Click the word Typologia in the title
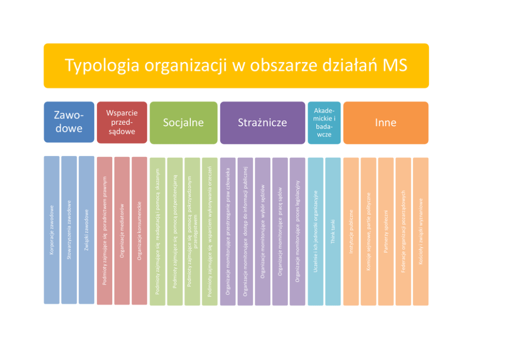tap(102, 66)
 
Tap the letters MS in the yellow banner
tap(395, 65)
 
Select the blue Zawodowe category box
tap(69, 122)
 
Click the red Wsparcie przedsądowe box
tap(122, 122)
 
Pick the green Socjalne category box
tap(183, 123)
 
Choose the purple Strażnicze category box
tap(262, 123)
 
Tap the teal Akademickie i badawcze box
tap(324, 123)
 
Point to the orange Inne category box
tap(386, 123)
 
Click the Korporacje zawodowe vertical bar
tap(52, 230)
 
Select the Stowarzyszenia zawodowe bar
tap(69, 230)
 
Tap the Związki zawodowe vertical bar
tap(86, 230)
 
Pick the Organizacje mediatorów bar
tap(122, 231)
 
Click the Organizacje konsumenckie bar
tap(139, 231)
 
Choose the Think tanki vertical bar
tap(332, 231)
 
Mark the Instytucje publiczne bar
tap(351, 231)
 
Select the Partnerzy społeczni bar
tap(386, 231)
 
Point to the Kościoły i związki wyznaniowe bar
tap(421, 231)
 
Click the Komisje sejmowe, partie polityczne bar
tap(368, 231)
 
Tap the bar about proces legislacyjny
tap(298, 231)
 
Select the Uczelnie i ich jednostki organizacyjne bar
tap(316, 231)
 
